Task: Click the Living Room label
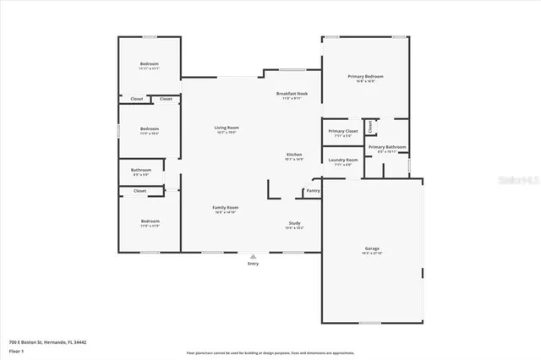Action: (x=226, y=128)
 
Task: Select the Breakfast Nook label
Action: (x=292, y=93)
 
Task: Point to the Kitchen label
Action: (x=294, y=155)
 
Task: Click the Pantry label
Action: (x=313, y=191)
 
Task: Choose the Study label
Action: (x=294, y=223)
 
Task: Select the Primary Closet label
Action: (x=342, y=131)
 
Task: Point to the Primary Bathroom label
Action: (x=387, y=147)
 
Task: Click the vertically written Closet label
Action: (x=369, y=127)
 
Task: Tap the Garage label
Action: (x=372, y=248)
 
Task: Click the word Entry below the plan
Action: (x=253, y=264)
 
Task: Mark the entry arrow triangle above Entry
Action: (x=253, y=256)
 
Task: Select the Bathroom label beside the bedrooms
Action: (x=141, y=170)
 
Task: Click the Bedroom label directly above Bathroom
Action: (x=150, y=128)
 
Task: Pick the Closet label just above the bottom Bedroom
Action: (x=139, y=191)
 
